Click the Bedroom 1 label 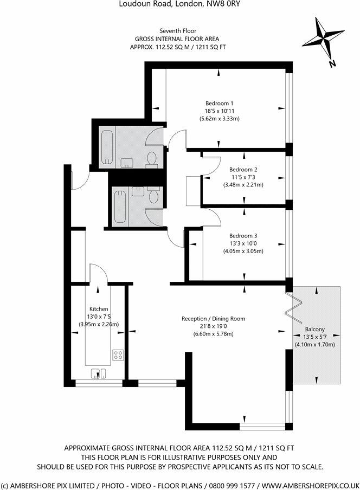tap(219, 104)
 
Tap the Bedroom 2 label tap(243, 170)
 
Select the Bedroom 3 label tap(243, 236)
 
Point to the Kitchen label tap(99, 308)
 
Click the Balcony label tap(314, 329)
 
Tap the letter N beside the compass tap(332, 63)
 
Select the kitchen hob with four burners tap(119, 355)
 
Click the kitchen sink tap(99, 372)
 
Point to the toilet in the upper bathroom tap(152, 158)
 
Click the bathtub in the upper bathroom tap(107, 147)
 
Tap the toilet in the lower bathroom tap(154, 196)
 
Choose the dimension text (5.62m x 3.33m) tap(219, 119)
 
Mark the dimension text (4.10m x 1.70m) tap(314, 344)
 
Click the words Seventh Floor tap(173, 31)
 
